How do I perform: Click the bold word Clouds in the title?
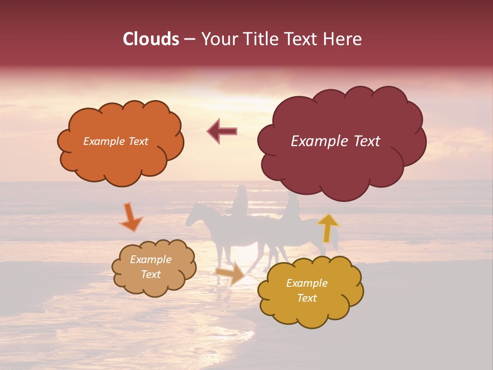tap(151, 39)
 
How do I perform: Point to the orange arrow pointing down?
tap(131, 217)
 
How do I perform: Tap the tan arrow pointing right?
tap(231, 273)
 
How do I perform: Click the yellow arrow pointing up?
tap(328, 228)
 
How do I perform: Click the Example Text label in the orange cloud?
tap(116, 141)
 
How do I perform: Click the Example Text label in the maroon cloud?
tap(335, 141)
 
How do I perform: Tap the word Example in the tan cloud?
tap(150, 260)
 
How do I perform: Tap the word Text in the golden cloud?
tap(307, 298)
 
